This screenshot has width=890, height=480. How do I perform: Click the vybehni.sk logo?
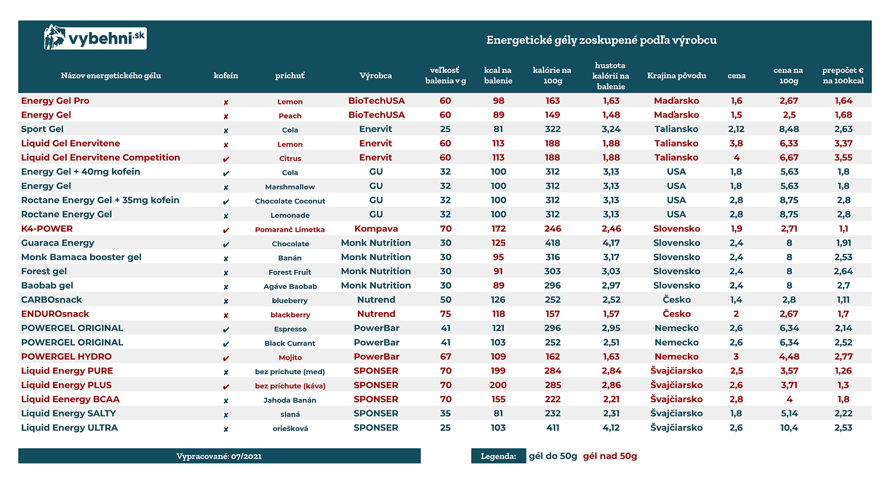95,37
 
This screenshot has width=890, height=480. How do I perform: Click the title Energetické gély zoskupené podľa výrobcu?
601,40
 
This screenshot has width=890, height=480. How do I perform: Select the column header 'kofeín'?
226,76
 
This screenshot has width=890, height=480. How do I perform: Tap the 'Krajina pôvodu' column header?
676,76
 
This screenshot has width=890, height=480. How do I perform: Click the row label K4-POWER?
47,229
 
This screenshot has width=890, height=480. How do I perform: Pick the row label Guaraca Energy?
57,243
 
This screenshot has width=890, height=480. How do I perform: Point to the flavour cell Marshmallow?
290,187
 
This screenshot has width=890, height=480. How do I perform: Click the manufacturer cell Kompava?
376,229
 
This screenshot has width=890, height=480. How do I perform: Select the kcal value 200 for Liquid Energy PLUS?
498,385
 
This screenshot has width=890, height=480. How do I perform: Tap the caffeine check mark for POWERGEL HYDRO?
226,358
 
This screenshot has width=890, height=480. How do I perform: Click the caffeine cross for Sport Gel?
226,130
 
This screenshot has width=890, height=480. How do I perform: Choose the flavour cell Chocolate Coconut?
290,201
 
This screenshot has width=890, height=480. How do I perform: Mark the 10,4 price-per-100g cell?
789,428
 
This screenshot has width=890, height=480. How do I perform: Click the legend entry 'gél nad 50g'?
610,456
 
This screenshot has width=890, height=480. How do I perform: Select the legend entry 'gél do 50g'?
553,456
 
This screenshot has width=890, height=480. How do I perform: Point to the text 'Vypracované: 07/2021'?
219,456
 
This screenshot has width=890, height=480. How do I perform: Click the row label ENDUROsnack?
55,314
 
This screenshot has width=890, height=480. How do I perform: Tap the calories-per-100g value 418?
553,243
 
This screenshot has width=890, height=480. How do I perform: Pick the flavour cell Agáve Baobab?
290,286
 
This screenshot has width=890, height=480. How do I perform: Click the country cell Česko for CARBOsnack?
676,300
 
